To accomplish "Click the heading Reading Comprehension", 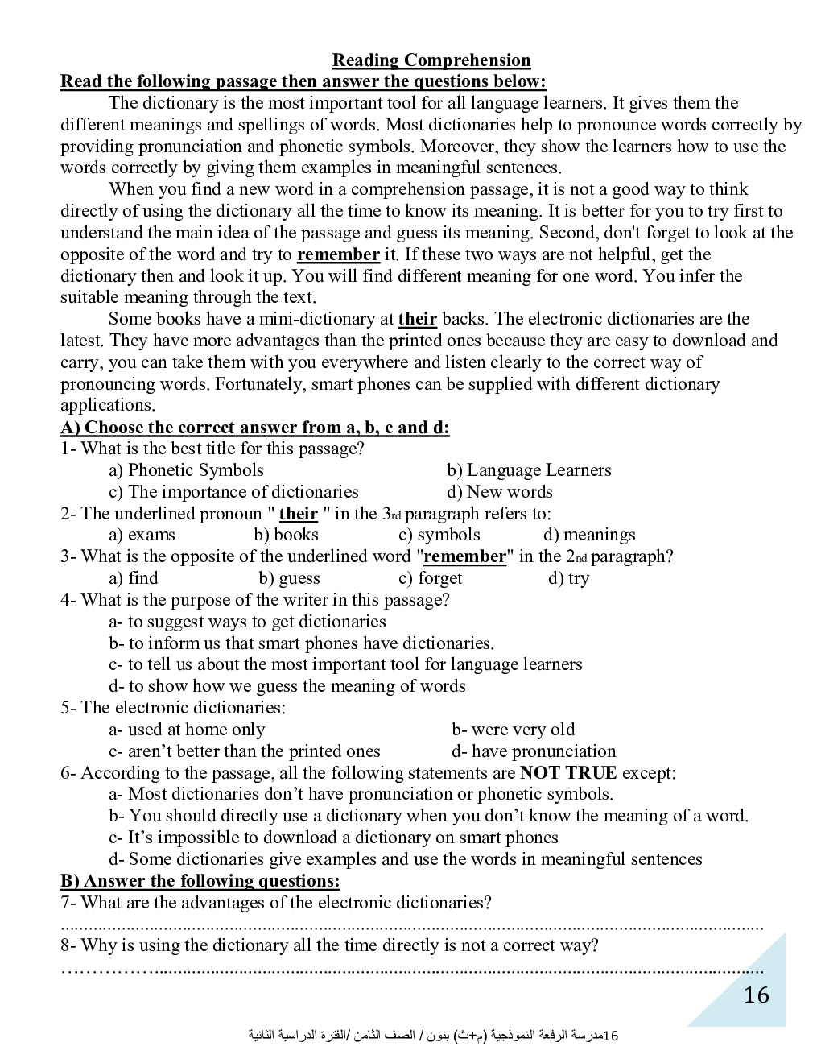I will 431,60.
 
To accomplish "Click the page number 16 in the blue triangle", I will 756,995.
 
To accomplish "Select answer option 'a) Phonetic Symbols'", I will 186,470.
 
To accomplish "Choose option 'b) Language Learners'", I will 529,470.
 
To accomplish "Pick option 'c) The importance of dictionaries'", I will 233,492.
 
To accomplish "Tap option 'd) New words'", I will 499,492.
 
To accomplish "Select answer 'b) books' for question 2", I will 286,535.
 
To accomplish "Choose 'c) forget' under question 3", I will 430,578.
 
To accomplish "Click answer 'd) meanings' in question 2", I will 589,535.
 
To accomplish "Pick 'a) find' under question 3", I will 134,578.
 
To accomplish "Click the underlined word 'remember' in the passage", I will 338,254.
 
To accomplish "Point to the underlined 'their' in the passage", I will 418,319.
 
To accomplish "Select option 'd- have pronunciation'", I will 534,751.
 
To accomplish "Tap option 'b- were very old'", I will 513,730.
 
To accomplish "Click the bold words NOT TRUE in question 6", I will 568,773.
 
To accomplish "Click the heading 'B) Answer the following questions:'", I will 200,881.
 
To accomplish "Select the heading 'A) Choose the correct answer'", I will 255,428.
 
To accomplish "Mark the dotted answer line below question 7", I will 412,926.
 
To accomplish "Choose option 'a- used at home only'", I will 187,730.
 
